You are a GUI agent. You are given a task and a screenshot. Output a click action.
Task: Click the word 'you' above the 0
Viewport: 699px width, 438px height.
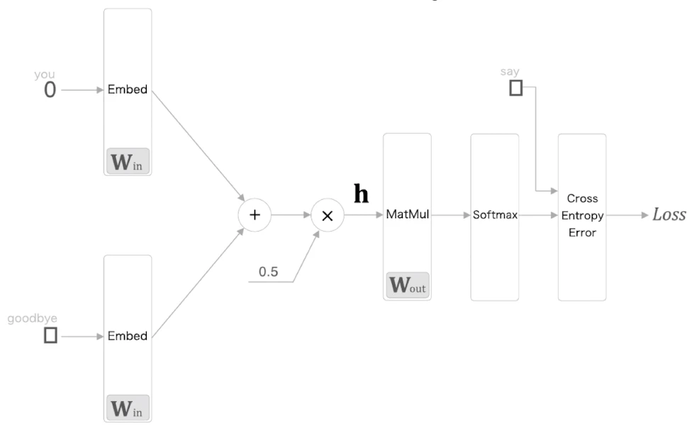[45, 74]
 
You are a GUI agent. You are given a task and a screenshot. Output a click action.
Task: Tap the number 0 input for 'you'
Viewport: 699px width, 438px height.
[50, 90]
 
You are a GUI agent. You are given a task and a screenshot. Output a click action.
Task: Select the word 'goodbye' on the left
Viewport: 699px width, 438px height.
[32, 319]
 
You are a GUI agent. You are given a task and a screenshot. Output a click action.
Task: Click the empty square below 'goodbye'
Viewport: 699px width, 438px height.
[50, 335]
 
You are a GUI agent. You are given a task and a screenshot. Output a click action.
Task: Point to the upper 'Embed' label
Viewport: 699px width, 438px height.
[128, 89]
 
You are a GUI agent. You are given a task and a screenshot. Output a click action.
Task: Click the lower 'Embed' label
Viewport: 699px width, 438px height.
[128, 336]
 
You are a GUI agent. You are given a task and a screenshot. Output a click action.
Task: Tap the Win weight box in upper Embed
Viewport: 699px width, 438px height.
[128, 162]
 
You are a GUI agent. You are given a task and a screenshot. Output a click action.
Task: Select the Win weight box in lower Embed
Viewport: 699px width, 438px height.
[128, 408]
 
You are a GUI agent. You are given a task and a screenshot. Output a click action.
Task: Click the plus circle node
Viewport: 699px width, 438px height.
[255, 215]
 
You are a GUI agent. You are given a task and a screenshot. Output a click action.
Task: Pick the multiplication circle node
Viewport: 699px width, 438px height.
[328, 215]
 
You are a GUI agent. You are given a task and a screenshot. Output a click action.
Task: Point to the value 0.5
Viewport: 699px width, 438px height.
[269, 271]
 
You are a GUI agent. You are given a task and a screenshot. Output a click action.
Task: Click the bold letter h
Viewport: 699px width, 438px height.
[361, 193]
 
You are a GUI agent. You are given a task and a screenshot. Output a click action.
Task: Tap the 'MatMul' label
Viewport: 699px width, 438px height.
[408, 214]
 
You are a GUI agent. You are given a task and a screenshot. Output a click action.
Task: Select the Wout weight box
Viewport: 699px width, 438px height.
[408, 285]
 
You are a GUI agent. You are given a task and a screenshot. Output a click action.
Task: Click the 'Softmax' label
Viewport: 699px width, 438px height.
[495, 215]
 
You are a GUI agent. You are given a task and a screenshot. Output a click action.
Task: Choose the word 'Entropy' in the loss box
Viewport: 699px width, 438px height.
[582, 216]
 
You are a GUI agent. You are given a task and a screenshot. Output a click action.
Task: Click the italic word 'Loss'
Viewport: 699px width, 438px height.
[669, 215]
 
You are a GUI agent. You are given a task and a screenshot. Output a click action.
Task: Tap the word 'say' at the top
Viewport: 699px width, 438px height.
[510, 72]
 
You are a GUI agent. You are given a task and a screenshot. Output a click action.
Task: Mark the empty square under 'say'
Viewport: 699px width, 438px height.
[516, 88]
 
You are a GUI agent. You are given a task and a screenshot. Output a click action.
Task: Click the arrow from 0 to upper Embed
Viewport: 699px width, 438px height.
[82, 90]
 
